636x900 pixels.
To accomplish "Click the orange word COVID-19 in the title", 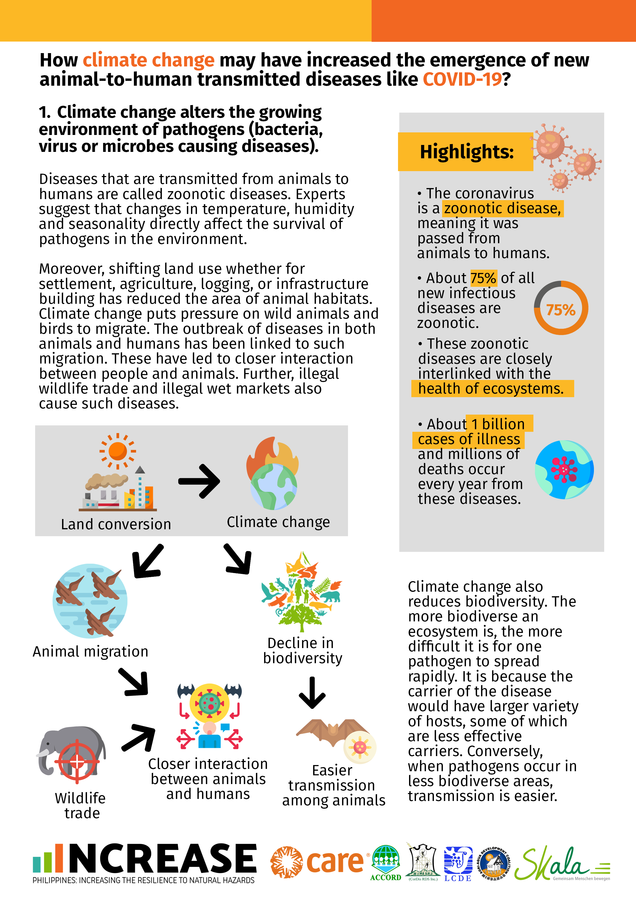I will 462,80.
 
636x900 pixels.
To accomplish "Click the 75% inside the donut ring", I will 561,310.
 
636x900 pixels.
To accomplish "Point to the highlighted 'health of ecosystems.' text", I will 491,388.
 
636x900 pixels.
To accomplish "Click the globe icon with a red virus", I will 564,469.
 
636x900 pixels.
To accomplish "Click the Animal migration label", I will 91,651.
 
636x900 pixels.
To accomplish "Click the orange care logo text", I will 335,862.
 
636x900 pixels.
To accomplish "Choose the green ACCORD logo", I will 386,862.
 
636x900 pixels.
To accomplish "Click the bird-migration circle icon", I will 90,601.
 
